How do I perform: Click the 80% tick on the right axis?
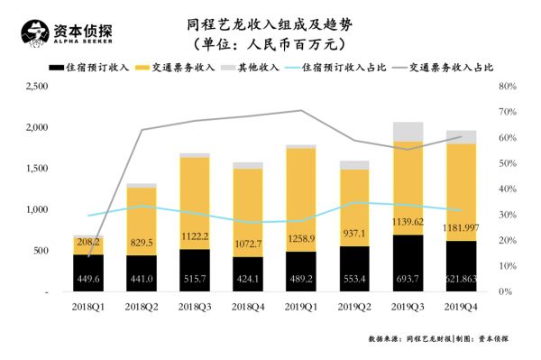[507, 87]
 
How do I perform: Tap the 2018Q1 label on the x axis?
[87, 308]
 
